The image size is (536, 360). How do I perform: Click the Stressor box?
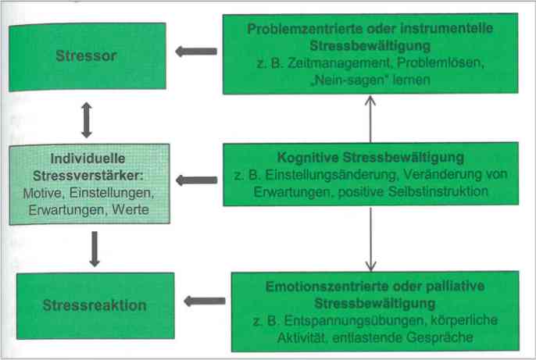[88, 57]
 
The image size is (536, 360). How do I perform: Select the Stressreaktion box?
[95, 305]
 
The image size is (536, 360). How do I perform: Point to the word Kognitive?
[307, 158]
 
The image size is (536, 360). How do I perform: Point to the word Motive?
[42, 193]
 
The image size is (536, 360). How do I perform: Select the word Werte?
[130, 209]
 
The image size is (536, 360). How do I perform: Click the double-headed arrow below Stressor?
[87, 120]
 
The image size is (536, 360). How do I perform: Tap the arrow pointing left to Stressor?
[196, 52]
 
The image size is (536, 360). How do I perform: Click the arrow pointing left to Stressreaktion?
[205, 301]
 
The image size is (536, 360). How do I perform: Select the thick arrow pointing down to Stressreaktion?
[95, 249]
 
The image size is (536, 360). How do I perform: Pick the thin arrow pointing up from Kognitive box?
[370, 119]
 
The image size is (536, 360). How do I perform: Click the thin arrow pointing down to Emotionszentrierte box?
[370, 240]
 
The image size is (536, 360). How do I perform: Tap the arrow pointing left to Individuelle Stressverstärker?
[197, 180]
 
